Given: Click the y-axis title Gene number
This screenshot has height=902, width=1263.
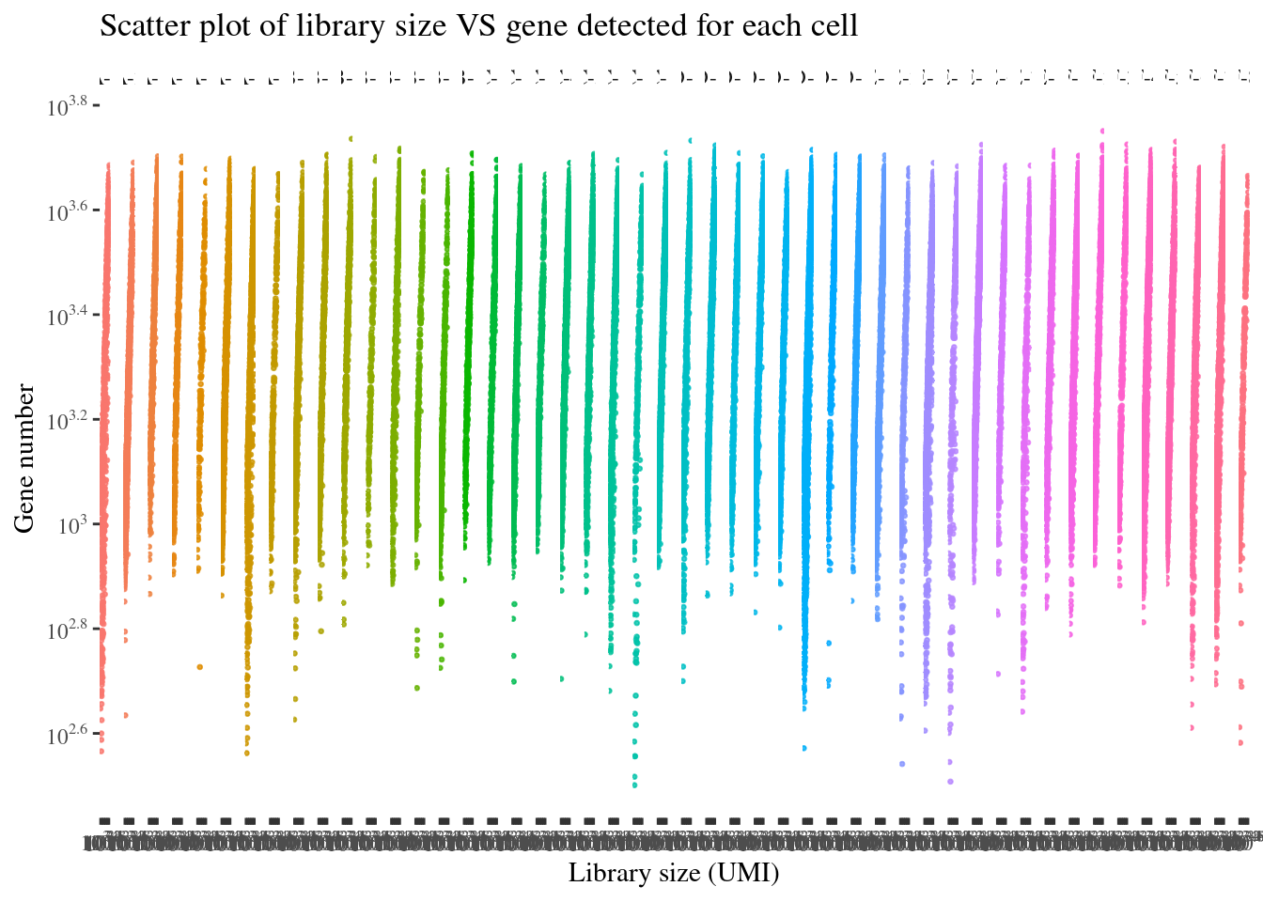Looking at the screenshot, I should click(x=24, y=459).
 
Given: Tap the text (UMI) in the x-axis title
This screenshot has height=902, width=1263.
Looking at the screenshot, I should click(x=743, y=873).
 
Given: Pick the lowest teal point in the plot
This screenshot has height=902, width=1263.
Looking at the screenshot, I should click(x=635, y=785).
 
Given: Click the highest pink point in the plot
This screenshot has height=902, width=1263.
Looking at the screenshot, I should click(x=1102, y=132).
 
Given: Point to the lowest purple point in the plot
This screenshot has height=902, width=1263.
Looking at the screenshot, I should click(x=950, y=781).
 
